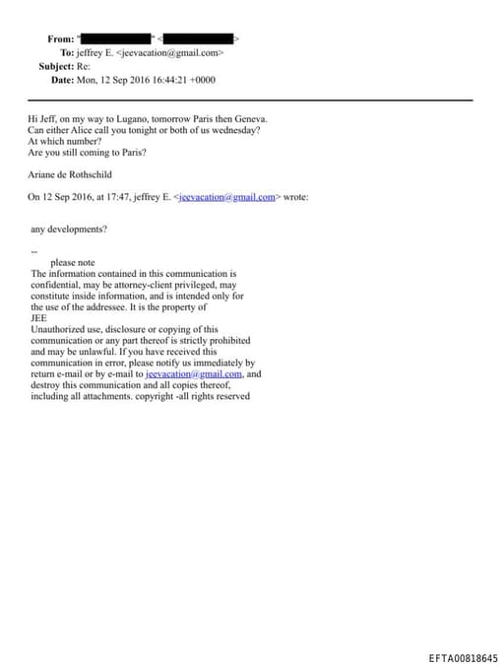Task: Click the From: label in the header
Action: coord(60,38)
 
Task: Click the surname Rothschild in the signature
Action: coord(87,173)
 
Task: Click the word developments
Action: coord(77,229)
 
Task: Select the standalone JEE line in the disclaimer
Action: coord(38,318)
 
